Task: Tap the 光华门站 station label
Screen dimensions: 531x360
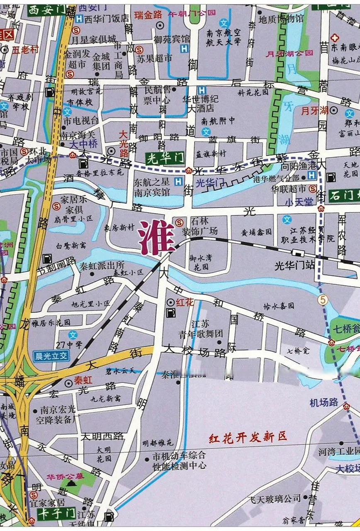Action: pyautogui.click(x=295, y=265)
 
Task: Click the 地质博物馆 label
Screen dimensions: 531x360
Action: pyautogui.click(x=281, y=19)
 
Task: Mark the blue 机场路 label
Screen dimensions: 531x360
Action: pyautogui.click(x=324, y=402)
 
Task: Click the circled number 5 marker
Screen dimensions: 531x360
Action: pyautogui.click(x=322, y=299)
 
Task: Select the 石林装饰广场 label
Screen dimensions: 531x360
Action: pyautogui.click(x=203, y=226)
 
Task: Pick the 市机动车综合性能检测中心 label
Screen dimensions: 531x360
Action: pyautogui.click(x=179, y=460)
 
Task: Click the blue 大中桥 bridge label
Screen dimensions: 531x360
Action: pyautogui.click(x=83, y=144)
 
